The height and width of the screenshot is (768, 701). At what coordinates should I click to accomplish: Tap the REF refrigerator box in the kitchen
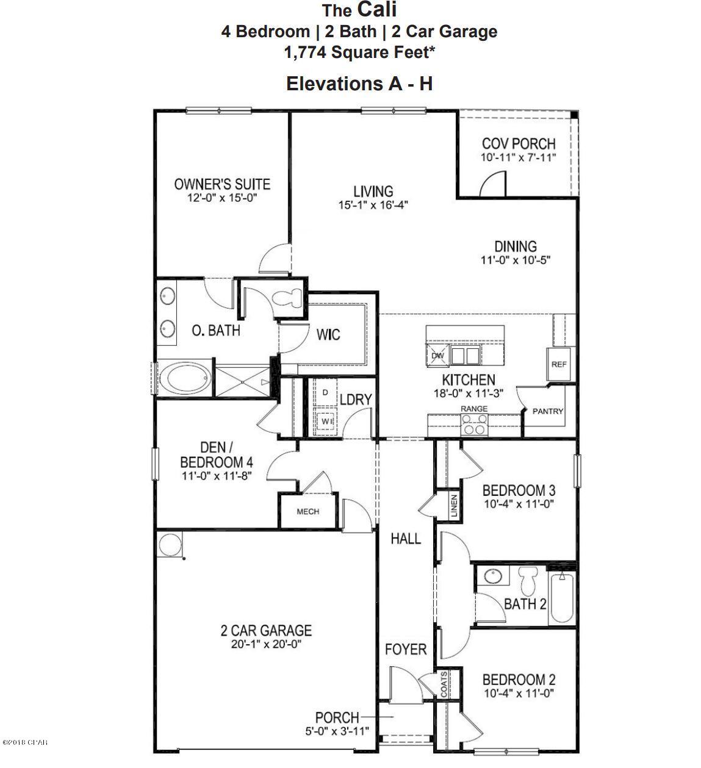tap(559, 364)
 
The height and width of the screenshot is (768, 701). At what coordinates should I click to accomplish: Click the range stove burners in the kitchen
tap(475, 423)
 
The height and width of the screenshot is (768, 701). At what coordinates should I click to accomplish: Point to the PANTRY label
tap(548, 411)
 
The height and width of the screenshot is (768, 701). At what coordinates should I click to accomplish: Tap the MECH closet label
tap(307, 511)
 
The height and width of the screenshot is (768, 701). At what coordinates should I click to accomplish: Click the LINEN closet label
tap(453, 506)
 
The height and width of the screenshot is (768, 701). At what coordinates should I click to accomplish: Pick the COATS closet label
tap(444, 684)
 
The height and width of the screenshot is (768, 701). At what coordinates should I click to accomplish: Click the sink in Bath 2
tap(492, 575)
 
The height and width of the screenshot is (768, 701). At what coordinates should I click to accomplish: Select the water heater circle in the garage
tap(170, 545)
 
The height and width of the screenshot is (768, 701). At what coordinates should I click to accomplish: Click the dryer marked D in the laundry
tap(325, 392)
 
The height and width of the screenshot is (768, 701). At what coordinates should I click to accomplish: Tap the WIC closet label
tap(328, 334)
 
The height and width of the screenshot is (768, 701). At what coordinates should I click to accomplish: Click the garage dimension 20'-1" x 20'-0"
tap(265, 644)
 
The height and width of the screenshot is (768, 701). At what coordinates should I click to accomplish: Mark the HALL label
tap(406, 538)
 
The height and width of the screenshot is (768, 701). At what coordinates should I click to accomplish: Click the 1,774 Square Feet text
tap(359, 52)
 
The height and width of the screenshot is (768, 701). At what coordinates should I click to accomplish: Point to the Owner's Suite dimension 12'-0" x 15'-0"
tap(221, 198)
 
